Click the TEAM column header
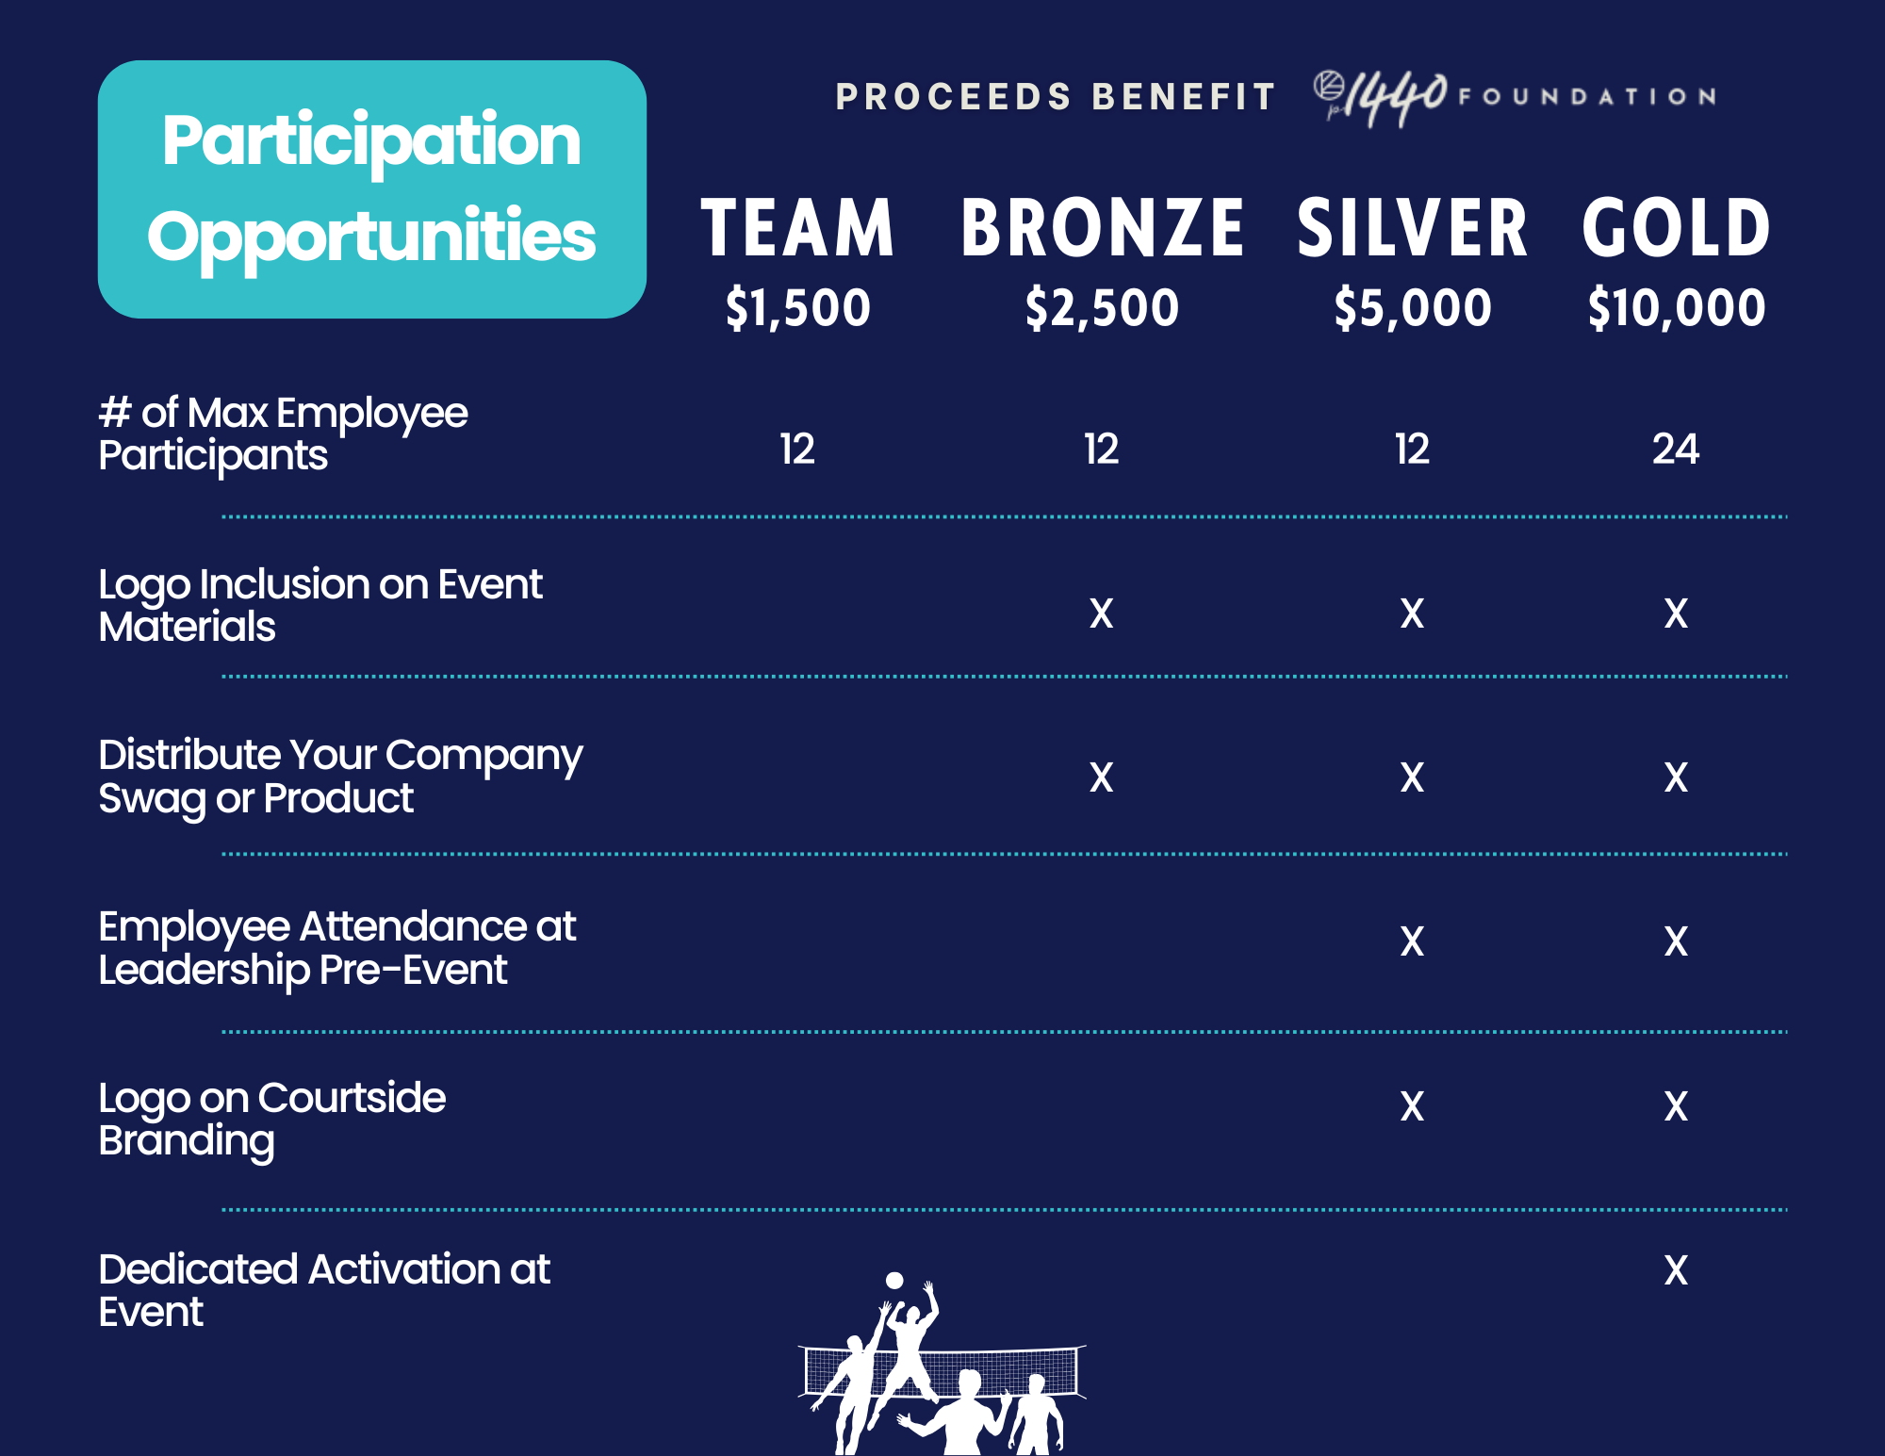(797, 228)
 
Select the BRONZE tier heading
(1103, 228)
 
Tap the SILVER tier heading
(1412, 228)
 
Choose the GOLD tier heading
(1676, 228)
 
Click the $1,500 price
(797, 308)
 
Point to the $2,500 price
(1102, 308)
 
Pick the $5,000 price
(1412, 308)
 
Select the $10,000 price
(1676, 308)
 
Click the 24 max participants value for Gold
(1676, 449)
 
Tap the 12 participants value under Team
(797, 449)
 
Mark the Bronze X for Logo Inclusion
(1102, 613)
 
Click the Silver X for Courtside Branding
(1412, 1106)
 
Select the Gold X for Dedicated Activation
(1676, 1270)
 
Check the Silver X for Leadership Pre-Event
(1412, 941)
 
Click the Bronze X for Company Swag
(1102, 777)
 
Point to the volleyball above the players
(894, 1280)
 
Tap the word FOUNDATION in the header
(1587, 96)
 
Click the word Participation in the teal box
(371, 141)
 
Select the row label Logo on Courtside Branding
(272, 1120)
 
